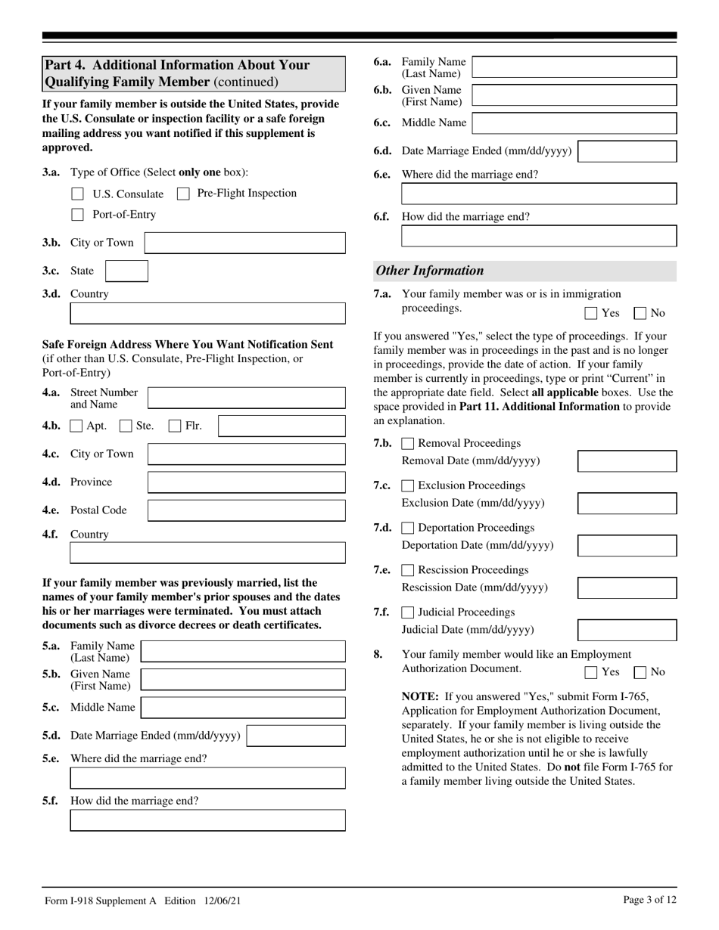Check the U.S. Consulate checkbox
coord(77,194)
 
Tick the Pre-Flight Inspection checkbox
coord(182,194)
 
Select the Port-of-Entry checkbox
coord(77,215)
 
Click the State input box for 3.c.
coord(126,271)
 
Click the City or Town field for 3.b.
coord(244,243)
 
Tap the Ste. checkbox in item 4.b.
coord(126,426)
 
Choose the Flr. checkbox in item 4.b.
coord(175,426)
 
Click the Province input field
coord(246,482)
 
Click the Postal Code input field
coord(246,510)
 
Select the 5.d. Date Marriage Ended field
coord(296,736)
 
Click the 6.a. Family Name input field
coord(574,67)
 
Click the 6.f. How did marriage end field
coord(538,236)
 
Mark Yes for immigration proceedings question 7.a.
coord(591,313)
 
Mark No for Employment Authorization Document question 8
coord(640,672)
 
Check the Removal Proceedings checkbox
coord(408,444)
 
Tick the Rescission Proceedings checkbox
coord(408,570)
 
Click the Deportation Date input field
coord(627,545)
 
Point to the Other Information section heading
coord(430,271)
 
